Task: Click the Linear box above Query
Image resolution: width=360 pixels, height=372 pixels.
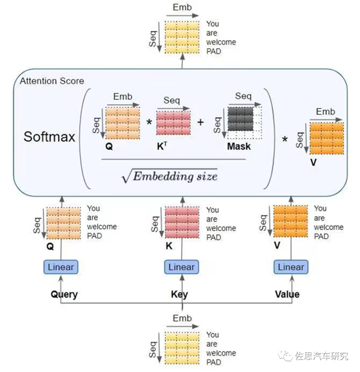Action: pyautogui.click(x=61, y=267)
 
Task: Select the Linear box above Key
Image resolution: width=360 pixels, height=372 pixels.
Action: pyautogui.click(x=181, y=267)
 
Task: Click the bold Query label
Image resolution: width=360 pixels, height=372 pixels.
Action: pyautogui.click(x=64, y=294)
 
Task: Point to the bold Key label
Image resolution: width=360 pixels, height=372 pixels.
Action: pyautogui.click(x=179, y=294)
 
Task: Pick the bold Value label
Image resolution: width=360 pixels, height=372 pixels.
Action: pyautogui.click(x=287, y=294)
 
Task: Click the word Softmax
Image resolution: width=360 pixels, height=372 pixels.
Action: pyautogui.click(x=49, y=137)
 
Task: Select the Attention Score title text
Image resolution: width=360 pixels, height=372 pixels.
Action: pyautogui.click(x=52, y=81)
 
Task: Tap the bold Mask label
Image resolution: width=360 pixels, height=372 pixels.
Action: pyautogui.click(x=239, y=146)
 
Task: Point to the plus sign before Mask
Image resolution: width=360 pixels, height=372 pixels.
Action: pyautogui.click(x=200, y=122)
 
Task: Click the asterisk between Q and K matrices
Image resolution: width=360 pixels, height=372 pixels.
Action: pyautogui.click(x=149, y=122)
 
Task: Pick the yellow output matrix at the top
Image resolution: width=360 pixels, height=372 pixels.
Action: pyautogui.click(x=182, y=37)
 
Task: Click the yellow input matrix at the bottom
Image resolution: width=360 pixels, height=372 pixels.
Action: pyautogui.click(x=182, y=348)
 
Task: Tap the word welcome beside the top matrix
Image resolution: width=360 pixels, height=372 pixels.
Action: pyautogui.click(x=221, y=42)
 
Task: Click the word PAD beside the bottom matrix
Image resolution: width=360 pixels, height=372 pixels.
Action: pyautogui.click(x=214, y=362)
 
